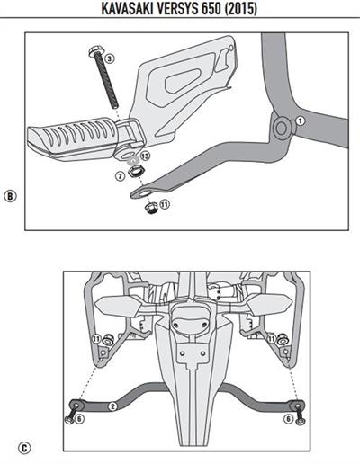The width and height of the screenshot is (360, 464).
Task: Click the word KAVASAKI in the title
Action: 128,9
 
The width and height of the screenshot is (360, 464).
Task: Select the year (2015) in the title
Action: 241,9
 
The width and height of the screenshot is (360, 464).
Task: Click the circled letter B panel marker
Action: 10,196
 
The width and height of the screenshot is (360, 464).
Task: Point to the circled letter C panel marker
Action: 24,448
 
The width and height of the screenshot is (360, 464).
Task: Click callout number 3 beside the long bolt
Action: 110,58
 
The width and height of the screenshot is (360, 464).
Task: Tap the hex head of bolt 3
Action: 94,50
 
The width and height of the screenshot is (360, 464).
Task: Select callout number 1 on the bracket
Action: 300,120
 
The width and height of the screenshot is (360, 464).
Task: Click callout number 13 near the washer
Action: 146,156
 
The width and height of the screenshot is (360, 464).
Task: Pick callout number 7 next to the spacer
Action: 120,176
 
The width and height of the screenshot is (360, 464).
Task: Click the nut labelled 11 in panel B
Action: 151,208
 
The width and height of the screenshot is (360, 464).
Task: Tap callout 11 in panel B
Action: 165,204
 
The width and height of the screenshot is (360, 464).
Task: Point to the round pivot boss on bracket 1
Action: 282,128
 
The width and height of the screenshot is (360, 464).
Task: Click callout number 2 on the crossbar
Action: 112,406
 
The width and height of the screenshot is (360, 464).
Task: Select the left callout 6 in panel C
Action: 79,419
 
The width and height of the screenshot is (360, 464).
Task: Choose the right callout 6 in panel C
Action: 288,419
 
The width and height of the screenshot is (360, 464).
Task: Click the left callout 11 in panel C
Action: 96,339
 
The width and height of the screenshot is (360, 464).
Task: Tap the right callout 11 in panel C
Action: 272,339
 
